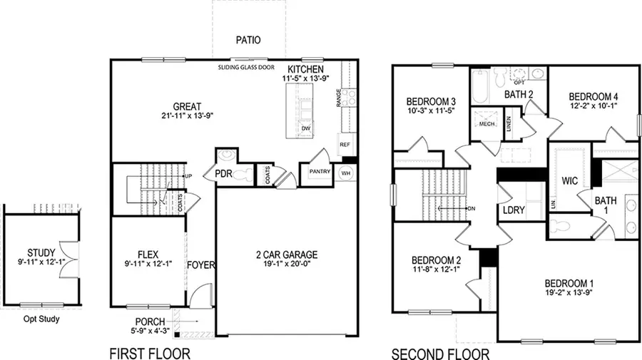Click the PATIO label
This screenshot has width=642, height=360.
click(x=248, y=41)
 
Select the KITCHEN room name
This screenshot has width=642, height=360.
click(x=307, y=68)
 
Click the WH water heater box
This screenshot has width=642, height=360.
click(x=346, y=173)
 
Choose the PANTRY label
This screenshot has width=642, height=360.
click(x=318, y=172)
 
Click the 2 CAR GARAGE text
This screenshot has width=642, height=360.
click(x=287, y=254)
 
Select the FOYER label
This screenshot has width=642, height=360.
click(x=201, y=266)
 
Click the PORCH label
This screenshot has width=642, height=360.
click(x=148, y=322)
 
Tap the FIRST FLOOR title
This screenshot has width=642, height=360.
click(x=150, y=352)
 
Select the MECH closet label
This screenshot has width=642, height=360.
click(x=487, y=123)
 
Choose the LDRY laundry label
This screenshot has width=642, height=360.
click(x=514, y=212)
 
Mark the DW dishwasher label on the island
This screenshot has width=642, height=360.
click(x=306, y=128)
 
